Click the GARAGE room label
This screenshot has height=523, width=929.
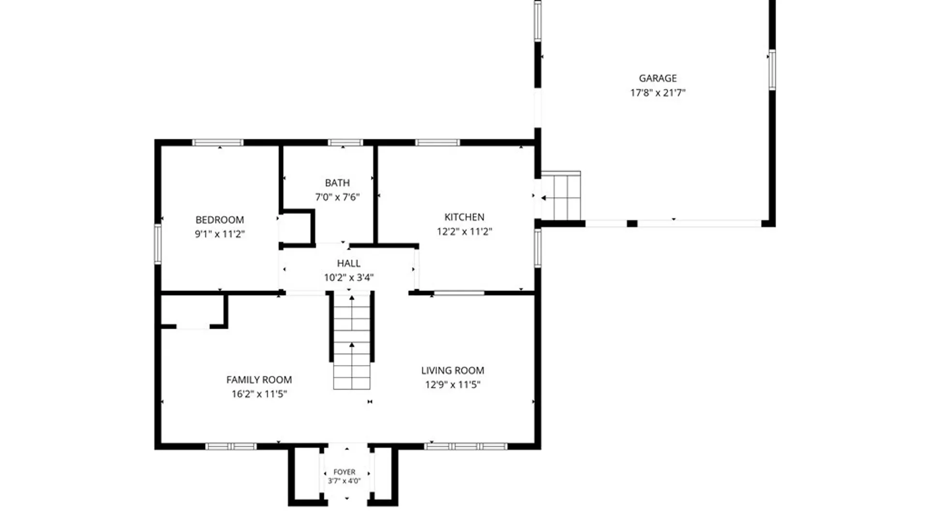click(658, 78)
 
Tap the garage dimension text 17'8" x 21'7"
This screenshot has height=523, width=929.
click(658, 92)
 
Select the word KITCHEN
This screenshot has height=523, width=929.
click(464, 217)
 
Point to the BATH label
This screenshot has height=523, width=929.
click(337, 183)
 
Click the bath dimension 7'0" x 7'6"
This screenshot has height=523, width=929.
click(337, 197)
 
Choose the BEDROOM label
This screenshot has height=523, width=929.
click(220, 220)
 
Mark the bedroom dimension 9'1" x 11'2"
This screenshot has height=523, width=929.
click(220, 234)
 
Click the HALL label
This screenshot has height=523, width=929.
click(348, 263)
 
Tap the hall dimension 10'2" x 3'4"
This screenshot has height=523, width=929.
click(348, 277)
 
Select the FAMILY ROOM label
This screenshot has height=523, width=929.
click(259, 380)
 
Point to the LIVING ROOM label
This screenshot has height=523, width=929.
click(452, 370)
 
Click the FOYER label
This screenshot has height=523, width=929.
click(345, 472)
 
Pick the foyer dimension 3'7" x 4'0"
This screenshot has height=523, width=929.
click(345, 481)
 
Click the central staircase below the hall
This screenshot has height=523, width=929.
click(352, 341)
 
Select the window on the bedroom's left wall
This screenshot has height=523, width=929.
click(158, 244)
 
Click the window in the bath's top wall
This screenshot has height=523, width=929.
click(345, 142)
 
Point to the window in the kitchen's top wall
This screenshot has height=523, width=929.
click(437, 142)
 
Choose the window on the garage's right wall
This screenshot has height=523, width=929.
click(772, 70)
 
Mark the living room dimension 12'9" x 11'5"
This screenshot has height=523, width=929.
click(452, 385)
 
